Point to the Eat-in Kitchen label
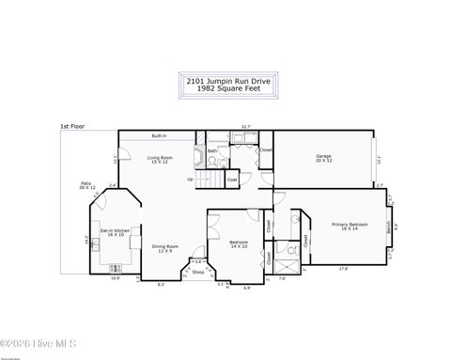[x=117, y=231]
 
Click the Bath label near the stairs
[x=212, y=150]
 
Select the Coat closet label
[x=232, y=179]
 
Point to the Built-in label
[x=160, y=137]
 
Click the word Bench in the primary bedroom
[x=389, y=226]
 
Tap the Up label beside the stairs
[x=191, y=179]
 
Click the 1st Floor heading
[x=71, y=125]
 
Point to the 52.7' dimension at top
[x=245, y=125]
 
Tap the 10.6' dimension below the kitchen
[x=116, y=278]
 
